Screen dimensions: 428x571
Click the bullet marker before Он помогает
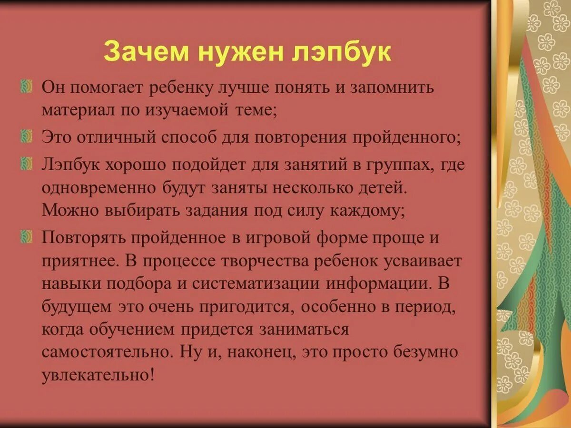click(x=27, y=87)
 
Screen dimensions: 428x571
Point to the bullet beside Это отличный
click(x=27, y=137)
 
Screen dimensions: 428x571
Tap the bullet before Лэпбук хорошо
click(x=27, y=164)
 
